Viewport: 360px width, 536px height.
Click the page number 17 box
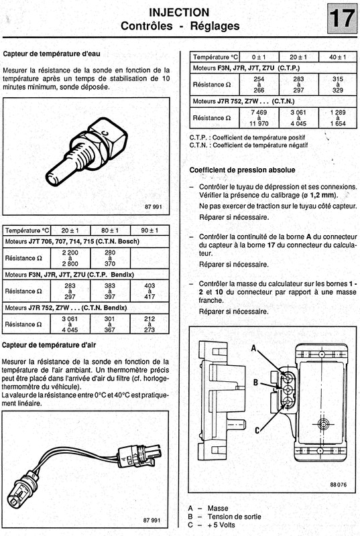(x=341, y=19)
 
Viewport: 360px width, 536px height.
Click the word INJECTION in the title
(x=179, y=13)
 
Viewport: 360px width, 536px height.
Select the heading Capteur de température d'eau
(x=52, y=54)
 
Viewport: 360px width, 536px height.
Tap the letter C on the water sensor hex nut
(x=106, y=134)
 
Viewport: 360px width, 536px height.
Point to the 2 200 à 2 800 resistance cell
(x=70, y=258)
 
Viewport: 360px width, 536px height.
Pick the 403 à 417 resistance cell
(x=149, y=291)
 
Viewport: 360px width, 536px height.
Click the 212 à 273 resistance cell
(x=149, y=324)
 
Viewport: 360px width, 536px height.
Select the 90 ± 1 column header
(x=149, y=230)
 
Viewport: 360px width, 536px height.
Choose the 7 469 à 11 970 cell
(x=259, y=118)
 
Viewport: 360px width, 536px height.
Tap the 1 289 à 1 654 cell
(x=338, y=118)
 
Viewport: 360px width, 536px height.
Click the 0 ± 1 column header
(x=259, y=57)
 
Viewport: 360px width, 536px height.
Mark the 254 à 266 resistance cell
(x=259, y=84)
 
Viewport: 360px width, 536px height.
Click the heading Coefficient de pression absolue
(x=243, y=170)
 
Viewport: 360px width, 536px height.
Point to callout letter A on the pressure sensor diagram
(x=254, y=348)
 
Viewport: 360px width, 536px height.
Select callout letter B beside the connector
(x=255, y=382)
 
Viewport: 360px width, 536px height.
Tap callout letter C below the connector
(x=257, y=430)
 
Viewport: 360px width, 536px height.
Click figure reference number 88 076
(x=338, y=484)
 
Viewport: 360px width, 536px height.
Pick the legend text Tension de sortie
(x=234, y=517)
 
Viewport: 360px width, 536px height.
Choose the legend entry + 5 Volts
(x=221, y=525)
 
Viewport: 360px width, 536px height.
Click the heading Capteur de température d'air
(x=49, y=345)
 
